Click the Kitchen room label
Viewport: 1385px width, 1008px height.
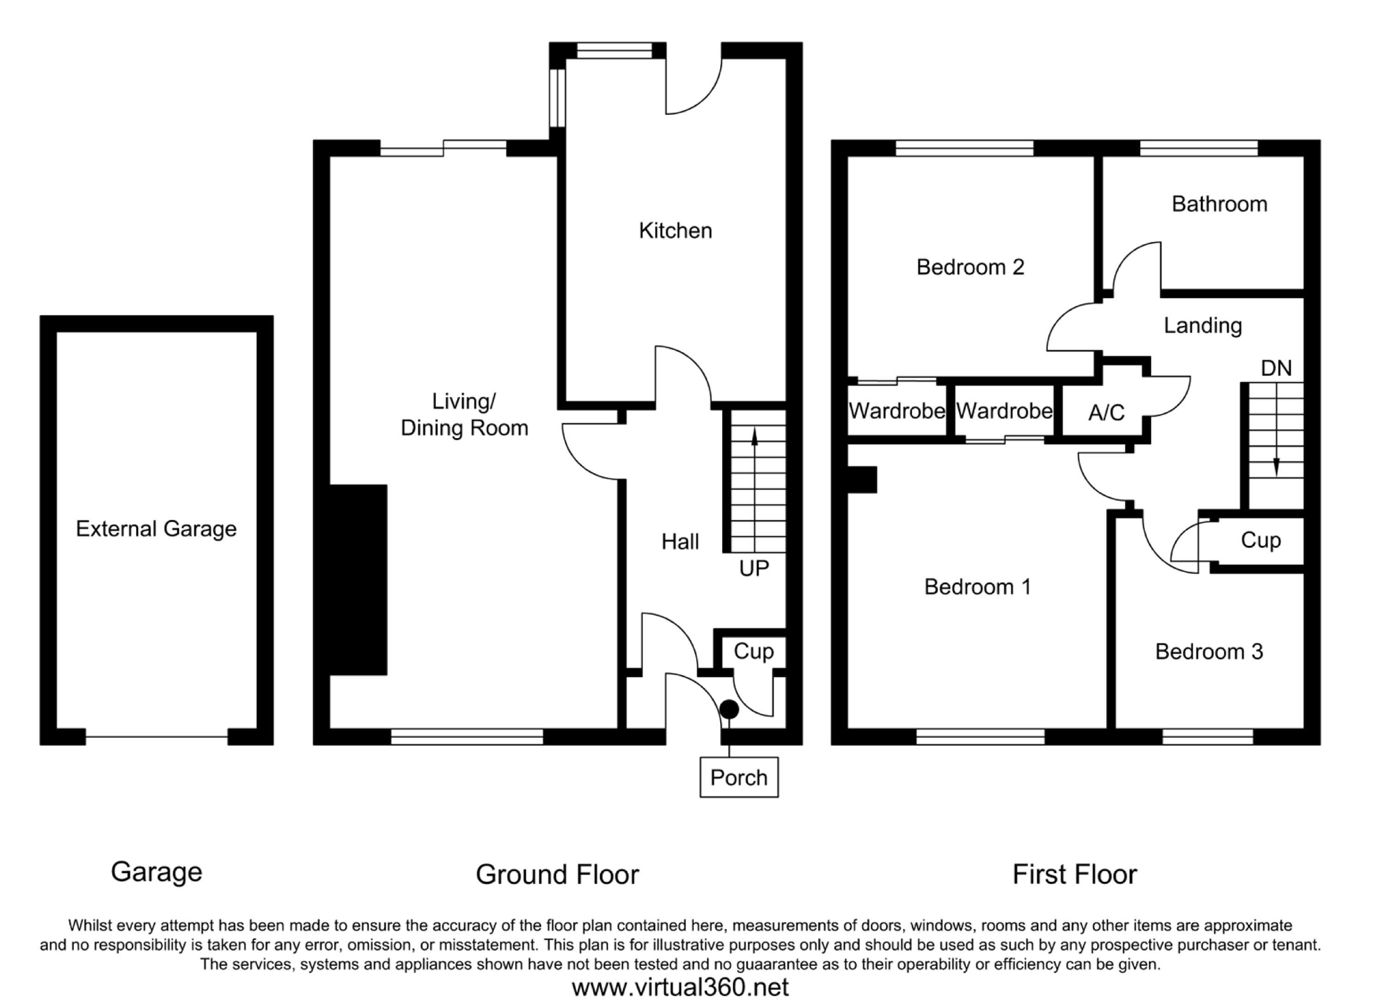click(x=675, y=231)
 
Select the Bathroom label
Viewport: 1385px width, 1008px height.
click(x=1219, y=204)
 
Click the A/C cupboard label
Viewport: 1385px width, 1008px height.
click(x=1106, y=414)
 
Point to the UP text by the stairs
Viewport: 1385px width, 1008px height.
click(x=753, y=569)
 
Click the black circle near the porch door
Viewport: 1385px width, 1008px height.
click(x=729, y=709)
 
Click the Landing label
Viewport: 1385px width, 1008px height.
click(x=1202, y=325)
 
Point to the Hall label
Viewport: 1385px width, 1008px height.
click(x=680, y=541)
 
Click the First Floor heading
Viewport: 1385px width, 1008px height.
click(x=1074, y=874)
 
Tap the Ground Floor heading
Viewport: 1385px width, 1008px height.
click(x=557, y=874)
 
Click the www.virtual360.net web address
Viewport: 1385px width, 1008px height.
click(x=680, y=987)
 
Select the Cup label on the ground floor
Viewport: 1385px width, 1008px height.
click(x=753, y=651)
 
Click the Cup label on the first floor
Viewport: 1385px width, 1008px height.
click(x=1260, y=540)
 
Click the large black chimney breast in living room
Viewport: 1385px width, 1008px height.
click(x=358, y=580)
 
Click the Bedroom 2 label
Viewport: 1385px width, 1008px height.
click(x=970, y=267)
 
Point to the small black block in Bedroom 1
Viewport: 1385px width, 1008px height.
click(x=862, y=479)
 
